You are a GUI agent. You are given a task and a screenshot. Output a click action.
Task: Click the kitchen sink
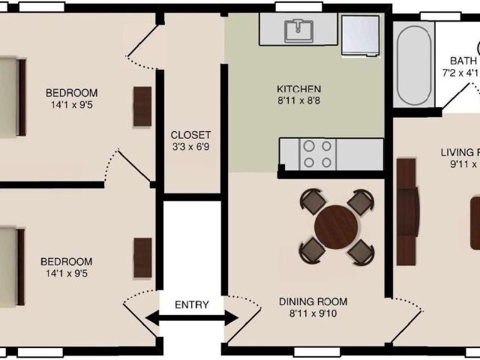[x=300, y=29]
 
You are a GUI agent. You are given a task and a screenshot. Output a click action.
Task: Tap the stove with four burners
[x=317, y=153]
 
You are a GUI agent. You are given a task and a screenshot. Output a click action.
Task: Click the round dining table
[x=336, y=225]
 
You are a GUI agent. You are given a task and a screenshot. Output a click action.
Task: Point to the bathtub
[x=413, y=66]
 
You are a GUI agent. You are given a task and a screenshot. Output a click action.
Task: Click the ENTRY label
[x=191, y=305]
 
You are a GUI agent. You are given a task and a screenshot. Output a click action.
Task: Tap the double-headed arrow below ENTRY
[x=191, y=319]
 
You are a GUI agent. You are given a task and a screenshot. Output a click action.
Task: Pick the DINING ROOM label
[x=313, y=302]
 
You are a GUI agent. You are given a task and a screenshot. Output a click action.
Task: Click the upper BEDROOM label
[x=71, y=93]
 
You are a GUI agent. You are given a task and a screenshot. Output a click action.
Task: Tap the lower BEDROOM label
[x=66, y=262]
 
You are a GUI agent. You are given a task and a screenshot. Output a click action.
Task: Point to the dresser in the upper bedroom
[x=142, y=106]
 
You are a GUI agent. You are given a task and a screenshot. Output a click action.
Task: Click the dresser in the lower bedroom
[x=142, y=257]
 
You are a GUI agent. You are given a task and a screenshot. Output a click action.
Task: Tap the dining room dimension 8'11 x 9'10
[x=313, y=314]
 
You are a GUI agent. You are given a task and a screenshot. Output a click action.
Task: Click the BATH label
[x=463, y=61]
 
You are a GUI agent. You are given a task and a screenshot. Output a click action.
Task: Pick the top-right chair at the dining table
[x=361, y=201]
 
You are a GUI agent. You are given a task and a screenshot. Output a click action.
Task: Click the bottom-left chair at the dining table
[x=312, y=250]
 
